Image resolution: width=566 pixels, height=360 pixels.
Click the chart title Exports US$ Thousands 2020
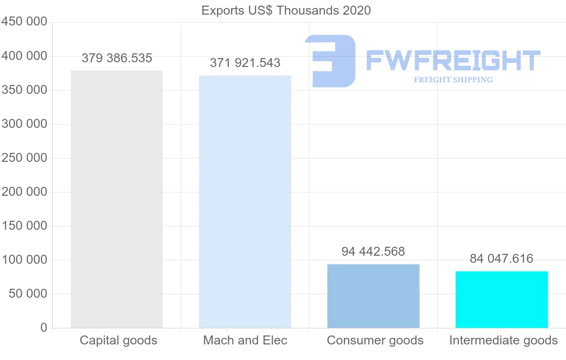point(286,10)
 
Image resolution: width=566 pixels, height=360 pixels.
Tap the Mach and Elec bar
point(245,201)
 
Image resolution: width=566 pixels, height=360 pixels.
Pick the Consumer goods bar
point(373,296)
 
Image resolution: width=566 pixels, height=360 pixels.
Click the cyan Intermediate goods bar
point(501,299)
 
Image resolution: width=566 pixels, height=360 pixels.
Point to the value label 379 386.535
point(117,59)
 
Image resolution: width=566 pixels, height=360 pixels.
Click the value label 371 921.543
point(245,63)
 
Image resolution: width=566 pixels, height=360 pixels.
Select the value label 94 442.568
point(373,251)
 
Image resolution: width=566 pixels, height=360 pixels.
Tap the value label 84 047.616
point(501,259)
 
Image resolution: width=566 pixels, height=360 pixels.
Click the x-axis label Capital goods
point(118,340)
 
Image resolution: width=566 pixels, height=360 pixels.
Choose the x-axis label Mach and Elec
point(245,340)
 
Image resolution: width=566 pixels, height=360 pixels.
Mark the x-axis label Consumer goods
point(375,340)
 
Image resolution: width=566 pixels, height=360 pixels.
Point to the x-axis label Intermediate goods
point(503,340)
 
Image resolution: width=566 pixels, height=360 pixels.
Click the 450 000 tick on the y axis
point(24,22)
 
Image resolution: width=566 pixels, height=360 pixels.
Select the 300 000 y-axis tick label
point(24,124)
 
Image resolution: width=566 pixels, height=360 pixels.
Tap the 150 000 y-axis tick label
point(24,226)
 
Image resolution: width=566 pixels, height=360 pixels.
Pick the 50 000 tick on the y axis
point(28,294)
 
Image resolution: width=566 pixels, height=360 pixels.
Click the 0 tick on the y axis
point(44,328)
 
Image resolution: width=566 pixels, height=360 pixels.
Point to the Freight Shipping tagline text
point(453,80)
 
